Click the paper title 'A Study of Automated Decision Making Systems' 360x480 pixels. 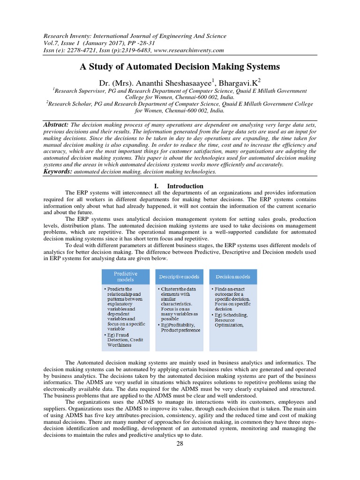[x=180, y=67]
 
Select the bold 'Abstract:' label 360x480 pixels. [x=56, y=124]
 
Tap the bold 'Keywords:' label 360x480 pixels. [x=58, y=172]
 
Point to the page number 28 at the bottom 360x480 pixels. [x=180, y=444]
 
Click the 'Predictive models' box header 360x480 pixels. [x=126, y=276]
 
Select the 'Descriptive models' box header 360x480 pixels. [x=180, y=277]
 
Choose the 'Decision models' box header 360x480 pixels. [x=233, y=277]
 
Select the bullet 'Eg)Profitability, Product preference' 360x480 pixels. [x=180, y=327]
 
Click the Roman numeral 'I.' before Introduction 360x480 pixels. [x=157, y=186]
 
